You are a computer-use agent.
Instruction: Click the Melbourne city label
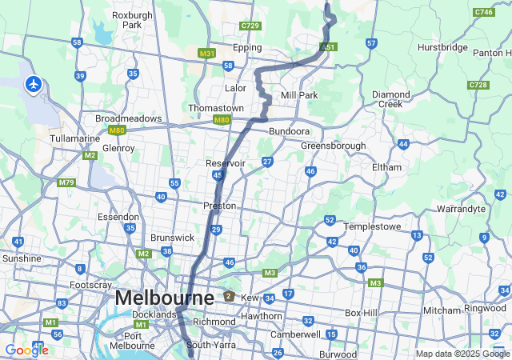(165, 298)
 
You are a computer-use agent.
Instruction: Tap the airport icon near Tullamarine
(33, 84)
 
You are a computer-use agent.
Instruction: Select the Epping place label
(247, 47)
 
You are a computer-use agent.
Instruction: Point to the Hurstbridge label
(442, 47)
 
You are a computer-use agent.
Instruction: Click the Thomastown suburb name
(216, 108)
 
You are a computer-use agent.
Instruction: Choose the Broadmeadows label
(128, 118)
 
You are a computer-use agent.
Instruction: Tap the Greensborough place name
(333, 146)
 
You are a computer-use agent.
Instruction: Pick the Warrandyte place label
(461, 209)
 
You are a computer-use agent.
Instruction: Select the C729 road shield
(250, 26)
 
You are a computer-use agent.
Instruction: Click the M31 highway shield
(207, 54)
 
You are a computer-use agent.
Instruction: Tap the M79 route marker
(66, 182)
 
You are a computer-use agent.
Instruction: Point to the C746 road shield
(483, 12)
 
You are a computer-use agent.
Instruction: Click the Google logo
(26, 350)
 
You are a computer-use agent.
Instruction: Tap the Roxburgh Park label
(126, 19)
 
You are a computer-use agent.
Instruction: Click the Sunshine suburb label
(22, 258)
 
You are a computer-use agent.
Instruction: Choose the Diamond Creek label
(391, 99)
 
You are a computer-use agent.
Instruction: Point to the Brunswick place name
(173, 238)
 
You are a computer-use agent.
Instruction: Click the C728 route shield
(478, 85)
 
